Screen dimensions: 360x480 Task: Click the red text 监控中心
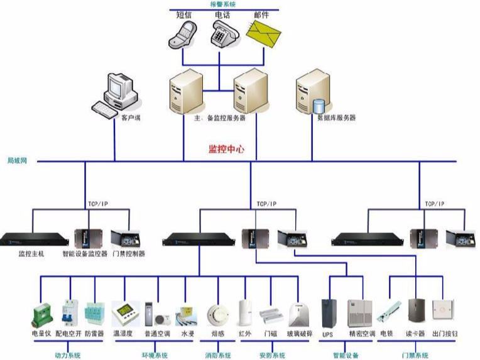[226, 150]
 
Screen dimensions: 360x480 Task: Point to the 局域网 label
[18, 161]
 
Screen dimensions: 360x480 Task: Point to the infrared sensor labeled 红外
[245, 312]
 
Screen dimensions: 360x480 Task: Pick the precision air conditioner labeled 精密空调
[361, 312]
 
